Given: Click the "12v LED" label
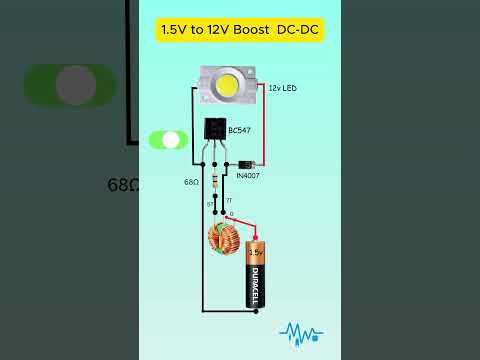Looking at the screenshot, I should click(x=283, y=89).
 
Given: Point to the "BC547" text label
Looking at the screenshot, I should click(x=240, y=131).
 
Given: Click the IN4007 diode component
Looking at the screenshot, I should click(x=245, y=164).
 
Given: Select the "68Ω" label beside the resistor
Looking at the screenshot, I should click(x=190, y=183).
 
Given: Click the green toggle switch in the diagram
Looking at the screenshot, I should click(x=168, y=140).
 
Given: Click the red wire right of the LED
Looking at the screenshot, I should click(x=264, y=125).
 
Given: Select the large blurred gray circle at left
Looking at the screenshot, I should click(x=75, y=85).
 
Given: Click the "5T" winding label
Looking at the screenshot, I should click(x=211, y=204).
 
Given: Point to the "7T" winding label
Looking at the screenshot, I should click(x=229, y=201).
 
